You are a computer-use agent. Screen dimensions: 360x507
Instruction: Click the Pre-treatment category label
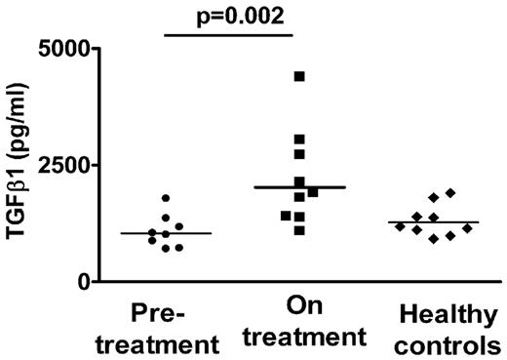pyautogui.click(x=172, y=327)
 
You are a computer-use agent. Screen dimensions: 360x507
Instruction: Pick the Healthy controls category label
pyautogui.click(x=449, y=327)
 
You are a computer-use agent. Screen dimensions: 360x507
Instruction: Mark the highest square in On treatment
pyautogui.click(x=299, y=76)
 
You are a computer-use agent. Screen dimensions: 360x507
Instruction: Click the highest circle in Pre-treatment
pyautogui.click(x=165, y=199)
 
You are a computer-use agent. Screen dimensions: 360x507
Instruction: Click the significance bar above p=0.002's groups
pyautogui.click(x=229, y=35)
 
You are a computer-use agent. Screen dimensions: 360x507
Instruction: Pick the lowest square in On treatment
pyautogui.click(x=299, y=230)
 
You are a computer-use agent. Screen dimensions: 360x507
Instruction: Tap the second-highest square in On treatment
pyautogui.click(x=299, y=140)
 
